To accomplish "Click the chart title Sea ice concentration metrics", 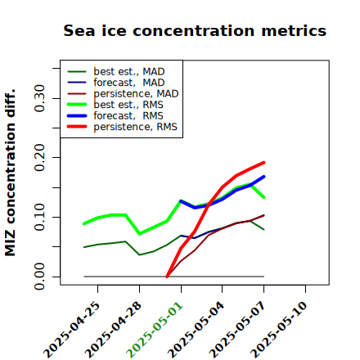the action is (195, 30).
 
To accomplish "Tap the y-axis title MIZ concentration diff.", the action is (10, 173).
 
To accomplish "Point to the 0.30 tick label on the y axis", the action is (39, 98).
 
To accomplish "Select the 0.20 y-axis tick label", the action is (39, 158).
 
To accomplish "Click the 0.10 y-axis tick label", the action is (39, 217).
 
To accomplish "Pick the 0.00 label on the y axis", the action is (39, 277).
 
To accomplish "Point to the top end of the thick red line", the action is (263, 163).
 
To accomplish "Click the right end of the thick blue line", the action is (263, 177).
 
